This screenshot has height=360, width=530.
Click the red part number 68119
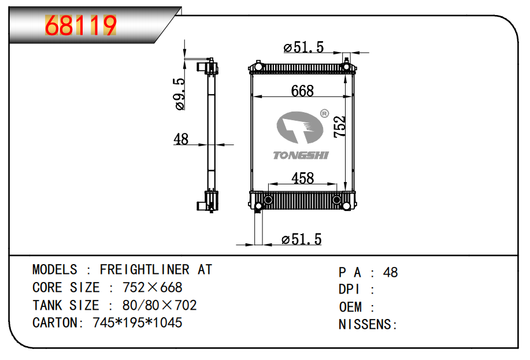pyautogui.click(x=81, y=25)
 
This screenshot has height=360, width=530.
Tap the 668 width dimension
pyautogui.click(x=302, y=91)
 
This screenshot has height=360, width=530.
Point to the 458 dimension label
pyautogui.click(x=303, y=178)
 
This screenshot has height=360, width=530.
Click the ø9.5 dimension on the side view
pyautogui.click(x=180, y=94)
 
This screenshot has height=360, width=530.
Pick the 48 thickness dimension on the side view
pyautogui.click(x=181, y=139)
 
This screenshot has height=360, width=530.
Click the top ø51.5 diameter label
pyautogui.click(x=303, y=48)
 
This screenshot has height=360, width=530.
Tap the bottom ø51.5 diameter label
pyautogui.click(x=301, y=239)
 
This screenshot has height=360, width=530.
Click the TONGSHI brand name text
pyautogui.click(x=301, y=155)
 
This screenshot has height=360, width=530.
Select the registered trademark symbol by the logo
pyautogui.click(x=324, y=113)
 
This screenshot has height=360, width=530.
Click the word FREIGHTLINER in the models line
pyautogui.click(x=144, y=270)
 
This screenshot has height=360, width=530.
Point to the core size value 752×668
pyautogui.click(x=152, y=287)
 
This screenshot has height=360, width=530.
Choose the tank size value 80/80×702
pyautogui.click(x=160, y=305)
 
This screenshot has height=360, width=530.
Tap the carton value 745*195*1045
pyautogui.click(x=138, y=322)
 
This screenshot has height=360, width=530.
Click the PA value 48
pyautogui.click(x=390, y=273)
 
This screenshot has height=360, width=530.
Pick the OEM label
pyautogui.click(x=350, y=307)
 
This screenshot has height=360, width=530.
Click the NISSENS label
pyautogui.click(x=368, y=325)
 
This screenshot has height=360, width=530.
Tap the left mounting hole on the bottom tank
pyautogui.click(x=268, y=201)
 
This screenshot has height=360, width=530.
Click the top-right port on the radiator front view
pyautogui.click(x=346, y=67)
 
